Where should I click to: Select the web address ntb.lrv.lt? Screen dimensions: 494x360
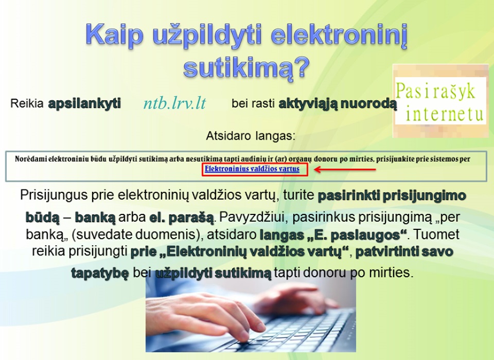174,103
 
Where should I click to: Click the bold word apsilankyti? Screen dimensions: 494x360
84,103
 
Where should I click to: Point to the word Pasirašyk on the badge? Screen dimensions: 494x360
435,92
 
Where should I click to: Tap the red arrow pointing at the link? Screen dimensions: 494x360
345,170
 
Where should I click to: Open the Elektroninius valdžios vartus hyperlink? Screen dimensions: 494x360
252,169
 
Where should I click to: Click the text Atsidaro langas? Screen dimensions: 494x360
251,136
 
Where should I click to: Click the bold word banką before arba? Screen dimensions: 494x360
95,218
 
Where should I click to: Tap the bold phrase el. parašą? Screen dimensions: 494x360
182,218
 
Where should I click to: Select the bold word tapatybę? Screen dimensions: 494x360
100,273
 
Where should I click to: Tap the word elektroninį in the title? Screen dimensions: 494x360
339,35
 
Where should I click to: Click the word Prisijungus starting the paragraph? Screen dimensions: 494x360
54,195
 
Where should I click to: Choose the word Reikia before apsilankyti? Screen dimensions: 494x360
27,103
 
